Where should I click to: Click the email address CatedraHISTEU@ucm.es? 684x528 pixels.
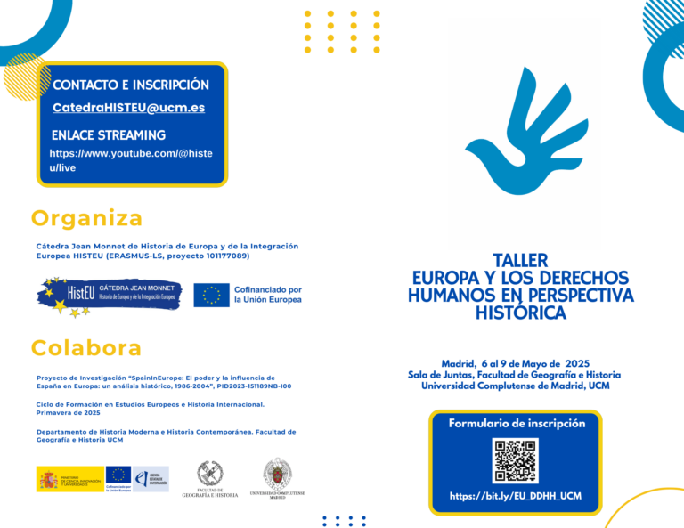pyautogui.click(x=128, y=108)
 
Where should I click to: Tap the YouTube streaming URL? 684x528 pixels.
pyautogui.click(x=130, y=160)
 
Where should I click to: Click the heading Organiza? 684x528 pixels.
pyautogui.click(x=86, y=218)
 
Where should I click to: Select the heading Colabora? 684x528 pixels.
pyautogui.click(x=85, y=347)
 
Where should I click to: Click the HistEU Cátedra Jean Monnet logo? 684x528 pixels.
pyautogui.click(x=109, y=295)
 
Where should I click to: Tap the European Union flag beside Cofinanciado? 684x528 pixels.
pyautogui.click(x=211, y=295)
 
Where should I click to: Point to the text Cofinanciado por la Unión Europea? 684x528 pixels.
pyautogui.click(x=267, y=295)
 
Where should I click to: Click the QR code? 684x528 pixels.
pyautogui.click(x=516, y=460)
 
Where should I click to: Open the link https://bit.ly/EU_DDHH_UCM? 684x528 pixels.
pyautogui.click(x=515, y=496)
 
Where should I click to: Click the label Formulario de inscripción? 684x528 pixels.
pyautogui.click(x=517, y=423)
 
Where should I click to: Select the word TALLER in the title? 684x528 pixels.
pyautogui.click(x=521, y=260)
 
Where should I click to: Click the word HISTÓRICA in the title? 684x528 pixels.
pyautogui.click(x=521, y=313)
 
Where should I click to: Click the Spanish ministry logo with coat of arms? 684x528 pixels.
pyautogui.click(x=69, y=479)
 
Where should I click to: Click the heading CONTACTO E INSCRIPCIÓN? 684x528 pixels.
pyautogui.click(x=131, y=85)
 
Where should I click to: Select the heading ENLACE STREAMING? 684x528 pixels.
pyautogui.click(x=109, y=135)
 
